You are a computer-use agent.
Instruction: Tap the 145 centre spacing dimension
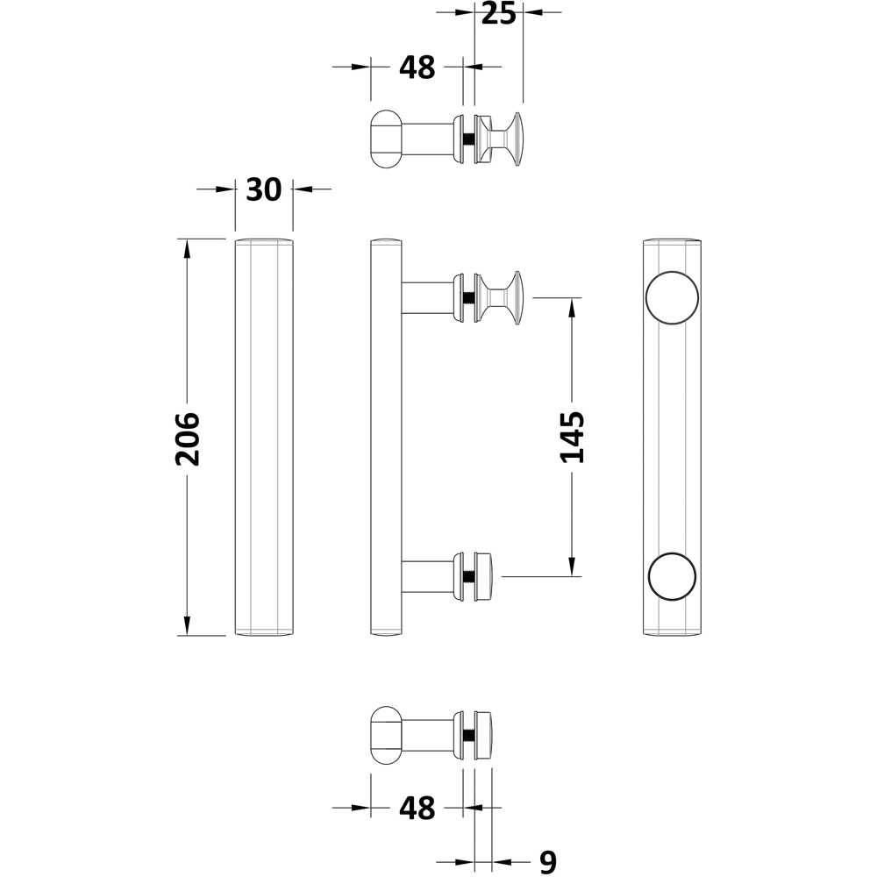tap(572, 437)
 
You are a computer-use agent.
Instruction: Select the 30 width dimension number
tap(264, 189)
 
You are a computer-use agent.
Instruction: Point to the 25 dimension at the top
tap(497, 14)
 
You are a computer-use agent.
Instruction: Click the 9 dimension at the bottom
tap(547, 863)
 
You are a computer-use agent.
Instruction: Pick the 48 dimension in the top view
tap(417, 68)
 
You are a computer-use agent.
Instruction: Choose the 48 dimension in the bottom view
tap(417, 808)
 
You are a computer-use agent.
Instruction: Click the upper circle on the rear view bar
tap(672, 298)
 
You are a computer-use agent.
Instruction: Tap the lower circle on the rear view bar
tap(672, 577)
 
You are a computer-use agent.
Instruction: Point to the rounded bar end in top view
tap(385, 139)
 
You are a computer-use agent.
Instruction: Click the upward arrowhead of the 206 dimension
tap(186, 248)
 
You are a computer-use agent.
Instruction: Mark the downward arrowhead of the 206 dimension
tap(186, 625)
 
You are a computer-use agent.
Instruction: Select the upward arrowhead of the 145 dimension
tap(572, 308)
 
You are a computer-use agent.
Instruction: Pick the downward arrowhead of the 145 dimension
tap(572, 567)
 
